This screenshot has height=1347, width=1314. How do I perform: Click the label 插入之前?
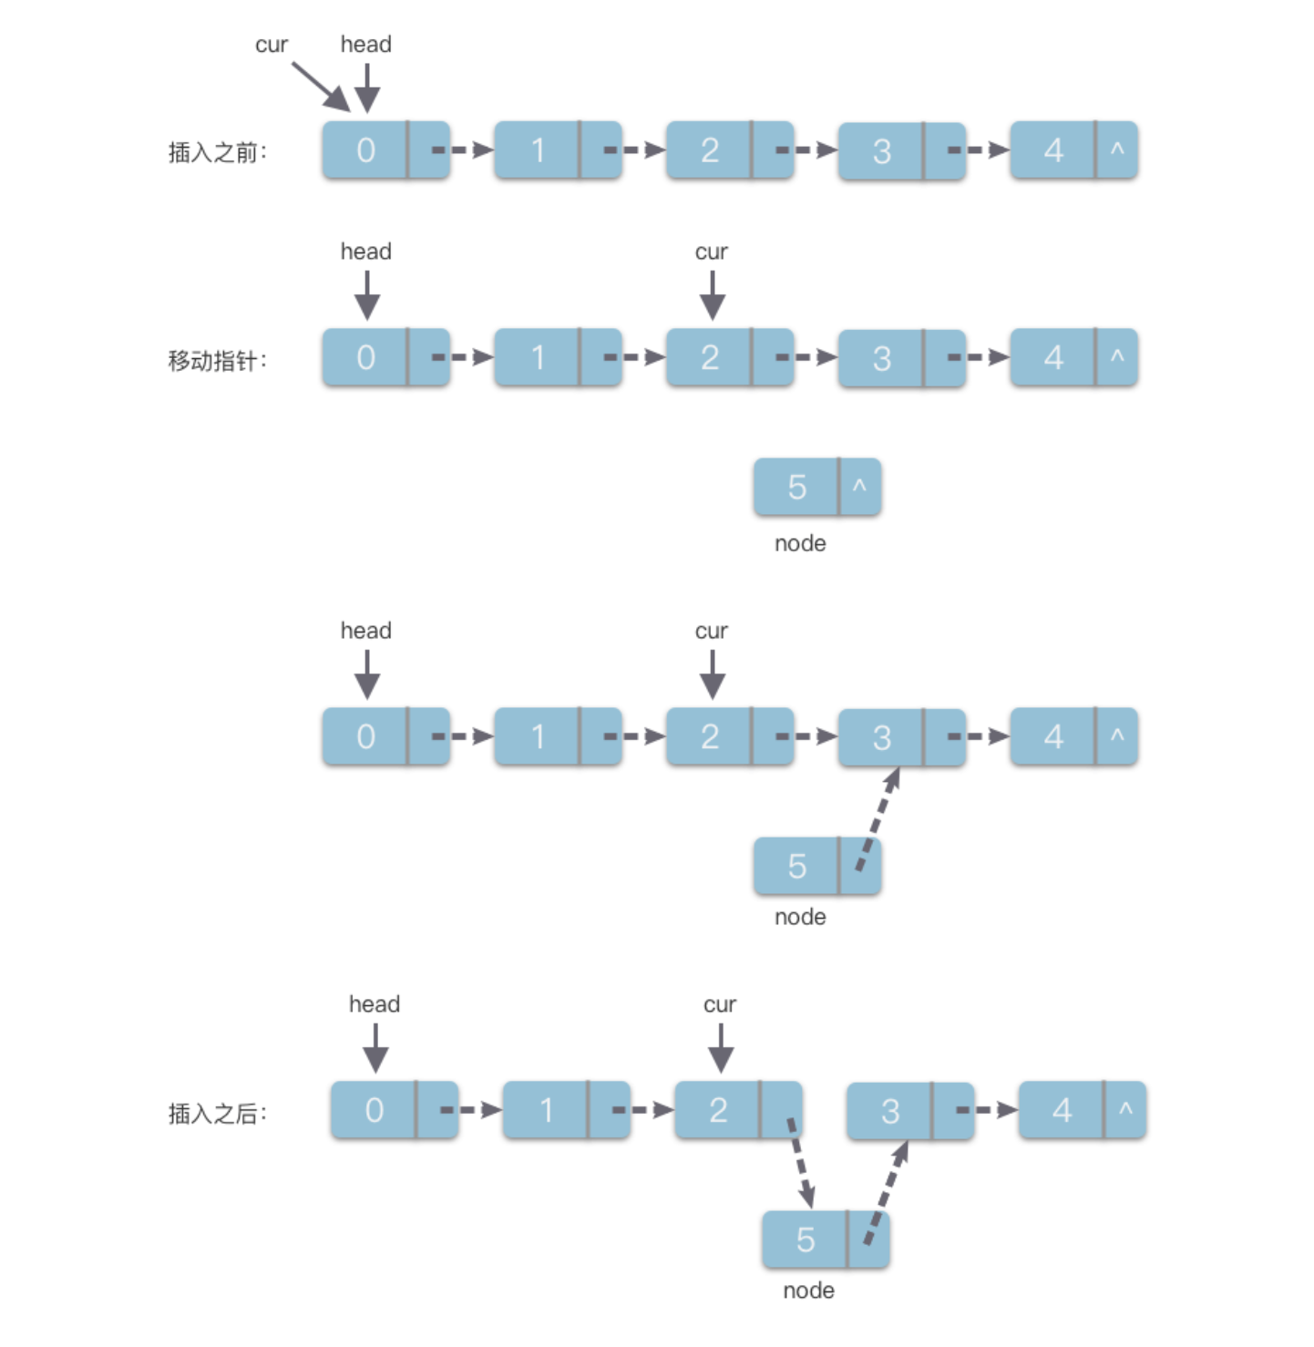pyautogui.click(x=216, y=152)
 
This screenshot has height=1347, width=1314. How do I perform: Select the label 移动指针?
pyautogui.click(x=216, y=360)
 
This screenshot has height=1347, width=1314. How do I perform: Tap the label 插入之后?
pyautogui.click(x=216, y=1113)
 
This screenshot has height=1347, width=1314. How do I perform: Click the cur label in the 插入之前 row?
pyautogui.click(x=271, y=45)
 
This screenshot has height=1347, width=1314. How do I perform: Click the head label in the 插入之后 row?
pyautogui.click(x=375, y=1003)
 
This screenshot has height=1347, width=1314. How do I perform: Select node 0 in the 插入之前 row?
pyautogui.click(x=366, y=150)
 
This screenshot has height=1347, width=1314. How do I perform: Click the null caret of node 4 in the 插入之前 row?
pyautogui.click(x=1117, y=149)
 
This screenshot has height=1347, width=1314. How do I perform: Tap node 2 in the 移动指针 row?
pyautogui.click(x=710, y=357)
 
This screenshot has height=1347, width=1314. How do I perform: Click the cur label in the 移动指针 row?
pyautogui.click(x=711, y=252)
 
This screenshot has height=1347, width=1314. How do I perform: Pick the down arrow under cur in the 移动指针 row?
pyautogui.click(x=712, y=295)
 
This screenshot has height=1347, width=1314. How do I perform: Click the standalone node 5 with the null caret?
pyautogui.click(x=797, y=488)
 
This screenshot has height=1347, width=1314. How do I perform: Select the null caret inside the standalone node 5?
pyautogui.click(x=859, y=487)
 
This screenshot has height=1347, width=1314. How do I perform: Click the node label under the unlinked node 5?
pyautogui.click(x=800, y=543)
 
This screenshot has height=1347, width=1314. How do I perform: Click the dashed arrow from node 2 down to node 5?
pyautogui.click(x=800, y=1161)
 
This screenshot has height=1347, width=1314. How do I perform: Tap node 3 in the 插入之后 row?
pyautogui.click(x=890, y=1111)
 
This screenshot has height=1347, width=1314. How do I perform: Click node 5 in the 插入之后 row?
pyautogui.click(x=806, y=1239)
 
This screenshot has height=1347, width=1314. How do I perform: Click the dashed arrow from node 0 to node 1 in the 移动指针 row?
pyautogui.click(x=463, y=357)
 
